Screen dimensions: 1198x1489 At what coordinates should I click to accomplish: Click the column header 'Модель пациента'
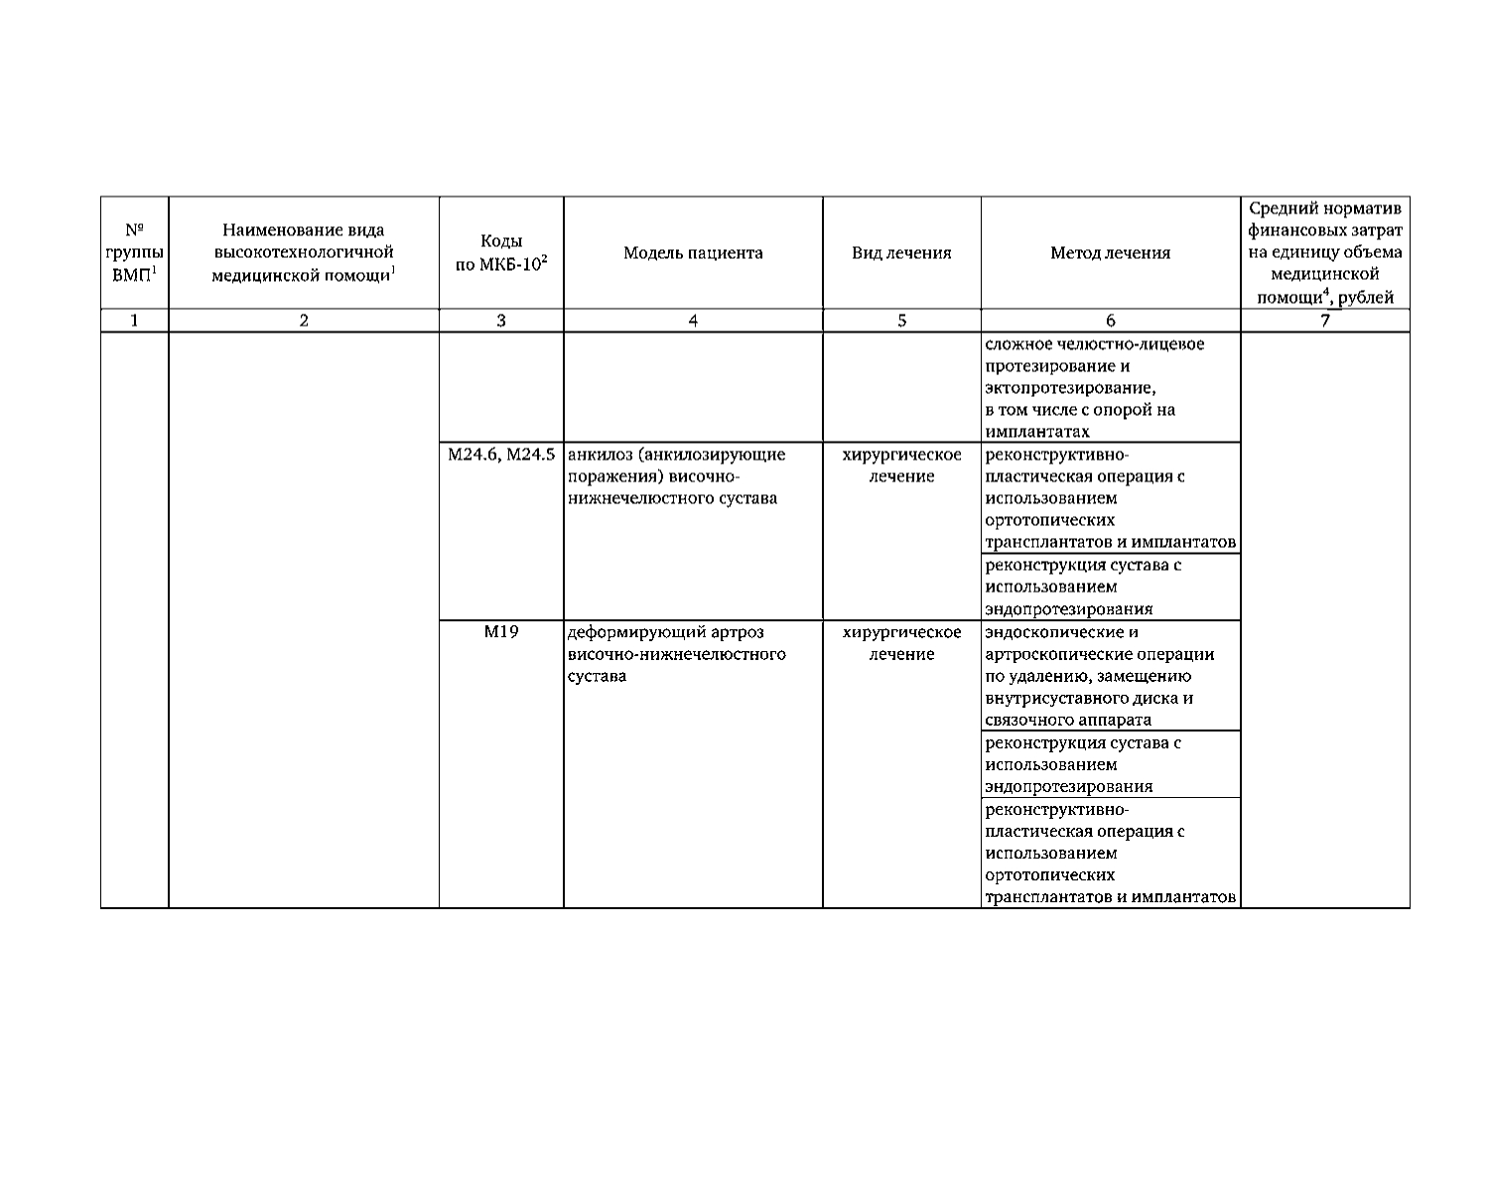pyautogui.click(x=693, y=253)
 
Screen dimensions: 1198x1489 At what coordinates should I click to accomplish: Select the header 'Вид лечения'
pyautogui.click(x=901, y=253)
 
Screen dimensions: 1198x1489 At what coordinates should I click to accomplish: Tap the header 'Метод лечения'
pyautogui.click(x=1110, y=253)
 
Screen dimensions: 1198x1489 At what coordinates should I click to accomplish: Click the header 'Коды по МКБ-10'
pyautogui.click(x=501, y=253)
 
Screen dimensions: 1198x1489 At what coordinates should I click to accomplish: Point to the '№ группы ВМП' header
pyautogui.click(x=134, y=253)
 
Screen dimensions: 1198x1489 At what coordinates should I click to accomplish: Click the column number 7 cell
pyautogui.click(x=1325, y=321)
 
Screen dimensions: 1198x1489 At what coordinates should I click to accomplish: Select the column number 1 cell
pyautogui.click(x=134, y=321)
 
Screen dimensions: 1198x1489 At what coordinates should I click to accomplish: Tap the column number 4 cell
pyautogui.click(x=693, y=321)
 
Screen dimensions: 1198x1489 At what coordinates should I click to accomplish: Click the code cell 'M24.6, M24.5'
pyautogui.click(x=501, y=455)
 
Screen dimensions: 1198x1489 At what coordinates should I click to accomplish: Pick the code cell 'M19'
pyautogui.click(x=501, y=632)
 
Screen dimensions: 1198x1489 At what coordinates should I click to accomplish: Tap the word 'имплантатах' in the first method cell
pyautogui.click(x=1037, y=432)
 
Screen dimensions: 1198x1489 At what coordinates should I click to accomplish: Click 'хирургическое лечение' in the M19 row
pyautogui.click(x=901, y=643)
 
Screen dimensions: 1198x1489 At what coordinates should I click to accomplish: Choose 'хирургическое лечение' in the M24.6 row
pyautogui.click(x=901, y=466)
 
